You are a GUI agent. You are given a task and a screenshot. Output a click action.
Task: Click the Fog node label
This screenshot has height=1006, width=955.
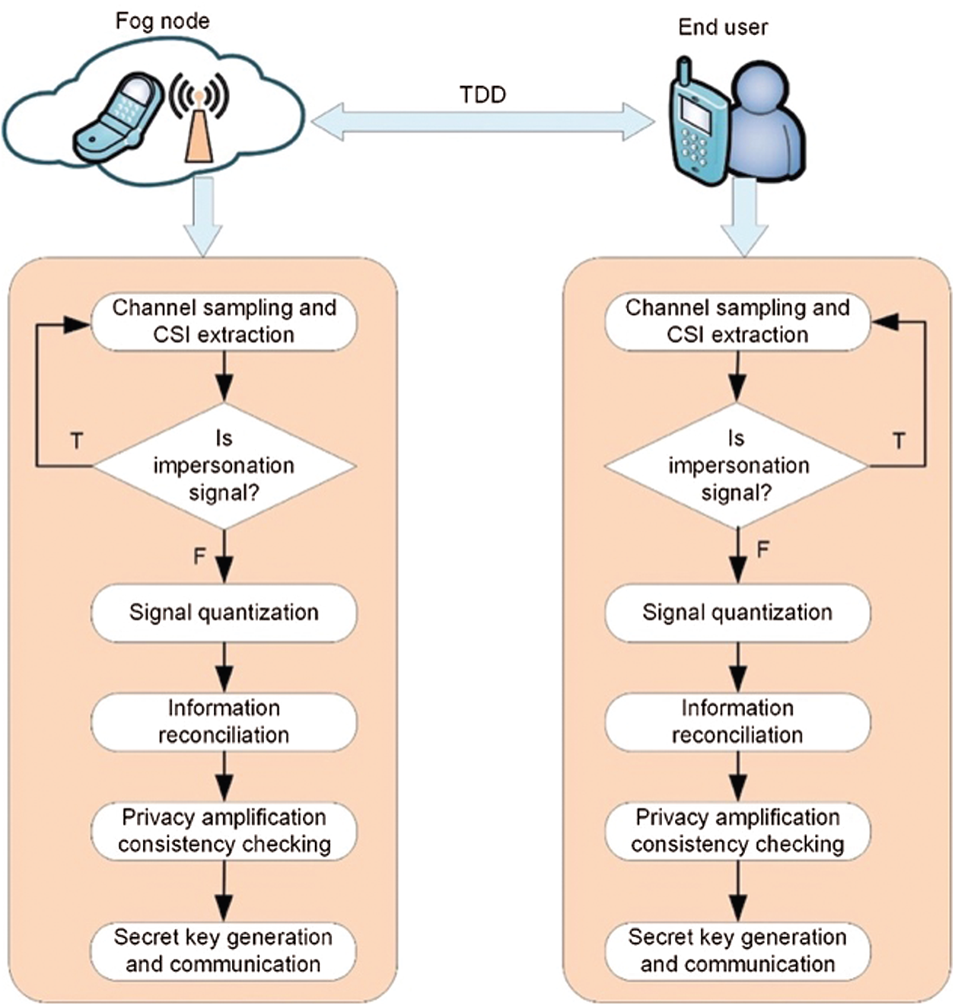coord(162,21)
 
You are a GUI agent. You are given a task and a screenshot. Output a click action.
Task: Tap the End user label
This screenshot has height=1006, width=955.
coord(722,27)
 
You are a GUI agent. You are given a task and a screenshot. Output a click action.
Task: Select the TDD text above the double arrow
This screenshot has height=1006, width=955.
coord(482,94)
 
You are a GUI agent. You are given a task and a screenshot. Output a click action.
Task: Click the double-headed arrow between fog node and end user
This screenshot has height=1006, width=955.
coord(482,122)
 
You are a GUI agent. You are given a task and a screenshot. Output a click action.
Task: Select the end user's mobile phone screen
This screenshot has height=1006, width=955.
coord(695,111)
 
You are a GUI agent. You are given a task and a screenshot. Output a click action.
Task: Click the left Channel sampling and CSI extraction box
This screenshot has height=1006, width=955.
coord(224,321)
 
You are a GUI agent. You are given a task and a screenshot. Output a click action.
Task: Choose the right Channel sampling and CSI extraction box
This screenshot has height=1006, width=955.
coord(737,321)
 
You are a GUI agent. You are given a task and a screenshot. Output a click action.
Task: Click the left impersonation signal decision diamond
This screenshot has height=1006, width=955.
coord(224,465)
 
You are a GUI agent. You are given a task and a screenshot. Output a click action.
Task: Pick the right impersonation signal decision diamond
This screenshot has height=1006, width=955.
coord(737,465)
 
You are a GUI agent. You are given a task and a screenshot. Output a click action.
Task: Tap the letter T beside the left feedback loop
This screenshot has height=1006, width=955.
coord(77,441)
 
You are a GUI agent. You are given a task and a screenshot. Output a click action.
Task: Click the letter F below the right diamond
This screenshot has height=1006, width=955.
coord(762,549)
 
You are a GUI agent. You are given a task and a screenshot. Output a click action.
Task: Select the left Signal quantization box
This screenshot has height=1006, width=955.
coord(224,613)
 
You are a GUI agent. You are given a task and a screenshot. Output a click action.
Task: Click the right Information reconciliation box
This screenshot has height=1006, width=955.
coord(737,721)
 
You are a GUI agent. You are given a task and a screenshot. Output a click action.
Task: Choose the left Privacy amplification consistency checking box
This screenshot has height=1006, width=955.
coord(224,830)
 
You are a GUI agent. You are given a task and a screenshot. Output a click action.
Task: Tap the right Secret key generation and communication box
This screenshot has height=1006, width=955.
coord(737,950)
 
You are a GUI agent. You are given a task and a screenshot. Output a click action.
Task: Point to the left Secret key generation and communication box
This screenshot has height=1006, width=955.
coord(224,950)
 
